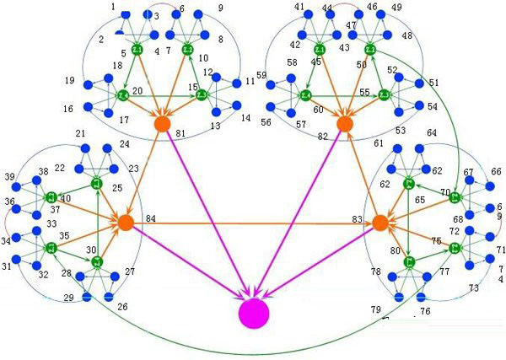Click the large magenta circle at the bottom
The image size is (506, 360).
point(253,313)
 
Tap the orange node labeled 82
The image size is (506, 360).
point(344,123)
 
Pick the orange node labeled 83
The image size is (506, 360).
point(379,223)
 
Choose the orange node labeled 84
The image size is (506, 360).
point(126,223)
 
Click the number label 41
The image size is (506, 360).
point(299,7)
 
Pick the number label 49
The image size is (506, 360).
point(396,8)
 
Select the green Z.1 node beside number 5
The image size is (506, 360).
point(137,51)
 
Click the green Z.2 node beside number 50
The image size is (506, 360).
point(369,51)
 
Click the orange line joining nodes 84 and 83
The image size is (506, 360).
point(253,223)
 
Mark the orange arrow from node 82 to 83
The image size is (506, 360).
point(361,173)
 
